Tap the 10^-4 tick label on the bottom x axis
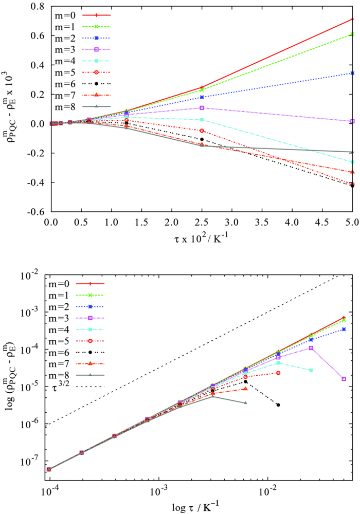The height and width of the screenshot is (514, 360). (x=49, y=488)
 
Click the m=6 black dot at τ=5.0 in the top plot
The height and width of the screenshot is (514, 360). (x=352, y=186)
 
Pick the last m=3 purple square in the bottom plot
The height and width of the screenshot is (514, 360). (x=344, y=379)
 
